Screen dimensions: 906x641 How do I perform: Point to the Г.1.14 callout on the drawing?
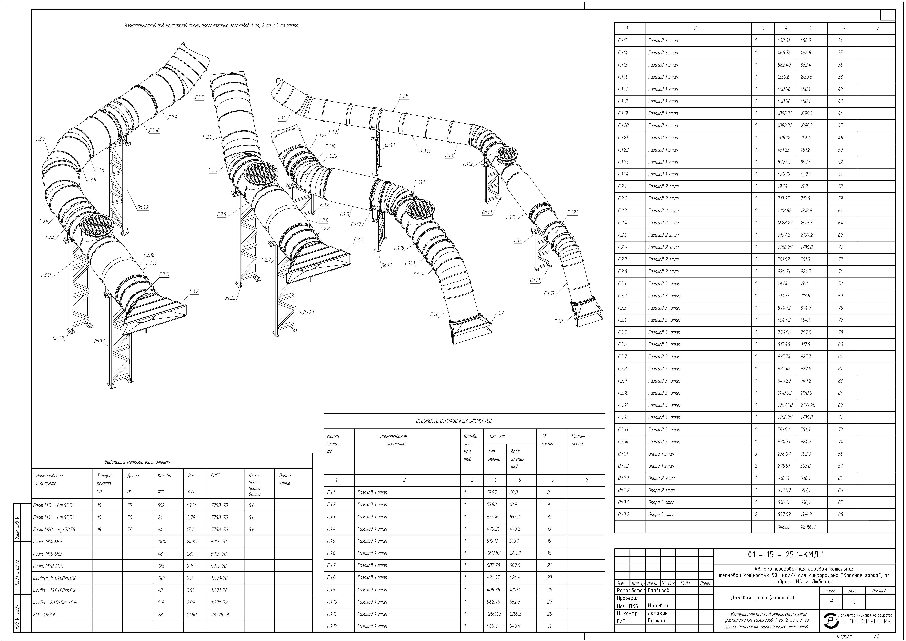[404, 96]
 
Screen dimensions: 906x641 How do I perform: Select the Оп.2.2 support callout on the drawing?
[230, 298]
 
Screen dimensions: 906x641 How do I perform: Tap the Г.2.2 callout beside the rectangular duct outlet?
[358, 240]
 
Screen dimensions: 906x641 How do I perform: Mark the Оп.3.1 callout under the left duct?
[99, 341]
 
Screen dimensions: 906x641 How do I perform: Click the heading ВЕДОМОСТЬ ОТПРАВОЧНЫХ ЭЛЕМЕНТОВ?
[454, 421]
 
